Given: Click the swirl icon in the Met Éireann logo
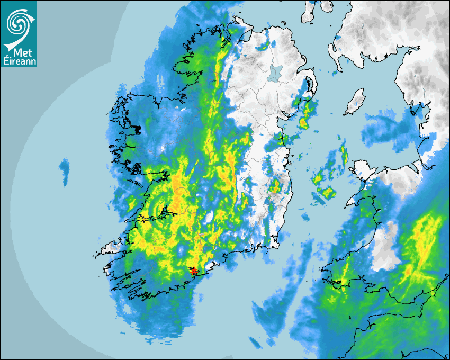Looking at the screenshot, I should (x=18, y=22).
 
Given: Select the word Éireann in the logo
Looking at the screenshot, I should (x=19, y=61).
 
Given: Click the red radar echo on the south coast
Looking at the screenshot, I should (x=194, y=271).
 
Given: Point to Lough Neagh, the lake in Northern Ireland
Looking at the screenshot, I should (x=275, y=73).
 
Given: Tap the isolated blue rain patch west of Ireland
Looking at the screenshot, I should (x=65, y=171).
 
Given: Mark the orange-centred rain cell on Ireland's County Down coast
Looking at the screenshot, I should (x=303, y=123).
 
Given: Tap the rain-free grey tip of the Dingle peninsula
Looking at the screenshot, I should (x=111, y=247).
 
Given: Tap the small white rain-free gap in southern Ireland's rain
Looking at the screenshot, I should (x=209, y=217).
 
